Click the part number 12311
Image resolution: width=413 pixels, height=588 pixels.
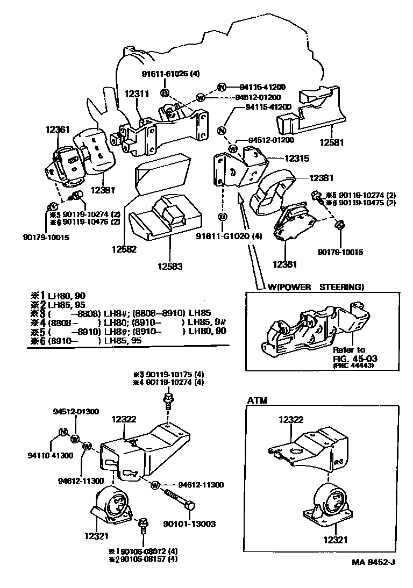(137, 94)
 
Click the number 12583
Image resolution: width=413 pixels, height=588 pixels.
(170, 266)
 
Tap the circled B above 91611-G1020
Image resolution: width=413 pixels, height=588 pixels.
(221, 217)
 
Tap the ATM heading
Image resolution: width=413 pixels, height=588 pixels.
(258, 400)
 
